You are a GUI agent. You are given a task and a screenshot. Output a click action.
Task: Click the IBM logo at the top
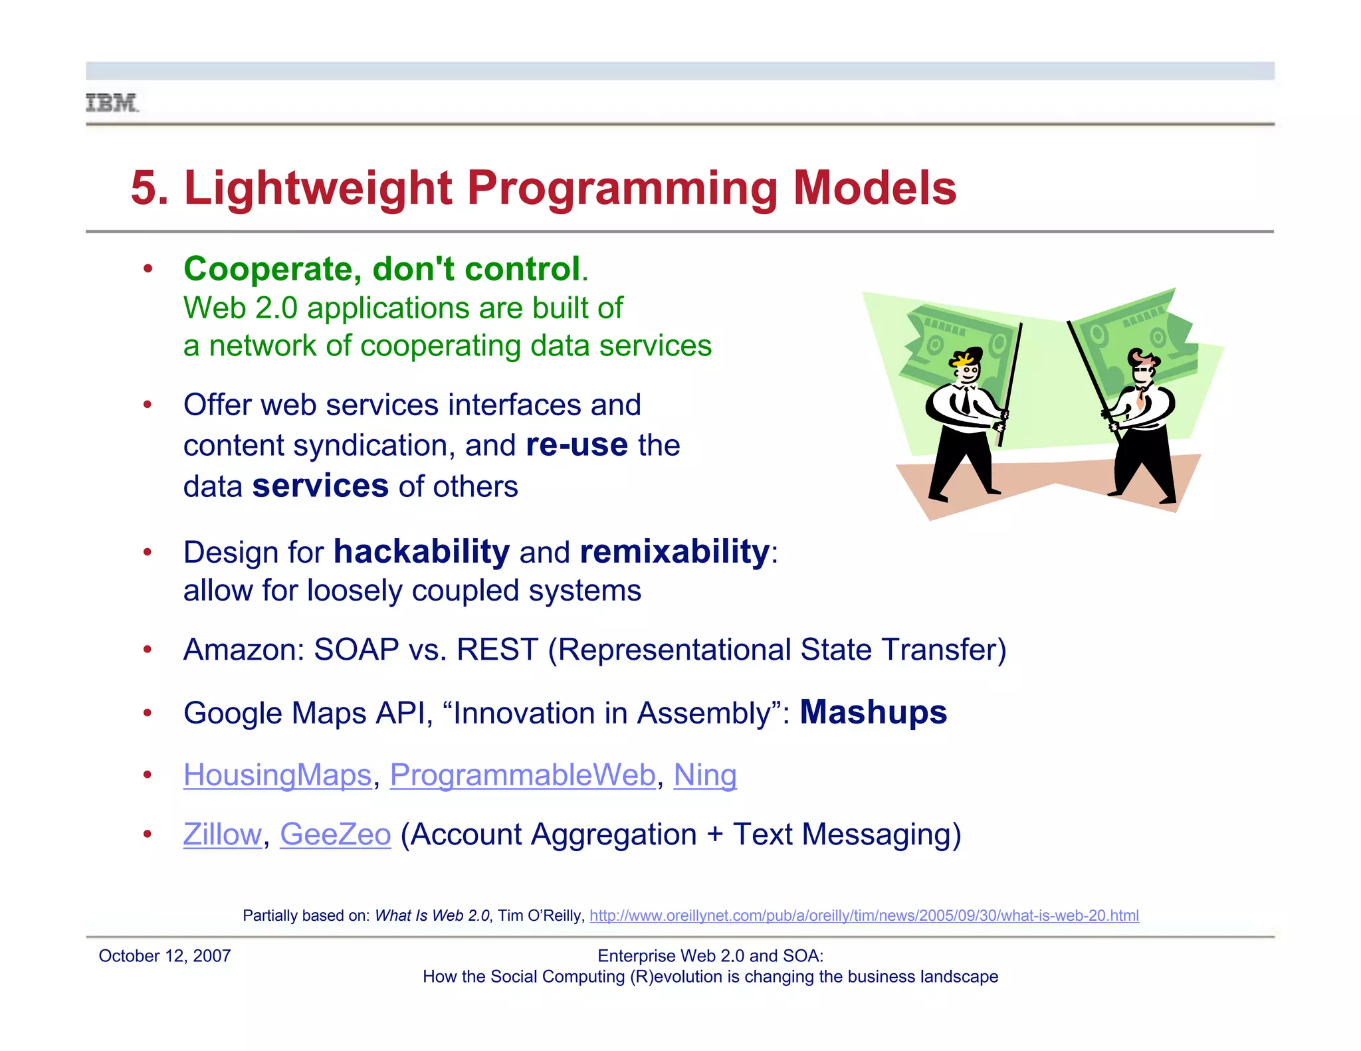pyautogui.click(x=112, y=103)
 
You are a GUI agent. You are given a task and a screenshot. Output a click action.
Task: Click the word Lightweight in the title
pyautogui.click(x=318, y=188)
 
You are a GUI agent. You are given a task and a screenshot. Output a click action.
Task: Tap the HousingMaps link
pyautogui.click(x=277, y=775)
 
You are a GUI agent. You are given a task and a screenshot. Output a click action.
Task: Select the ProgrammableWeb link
pyautogui.click(x=522, y=775)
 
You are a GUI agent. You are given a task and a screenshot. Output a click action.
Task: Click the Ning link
pyautogui.click(x=704, y=775)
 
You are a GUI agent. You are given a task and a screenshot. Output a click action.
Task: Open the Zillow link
pyautogui.click(x=222, y=834)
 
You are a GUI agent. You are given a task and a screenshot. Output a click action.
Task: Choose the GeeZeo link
pyautogui.click(x=335, y=834)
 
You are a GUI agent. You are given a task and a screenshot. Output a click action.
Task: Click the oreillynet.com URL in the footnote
pyautogui.click(x=863, y=915)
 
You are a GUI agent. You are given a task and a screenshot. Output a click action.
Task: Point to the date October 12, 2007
pyautogui.click(x=164, y=956)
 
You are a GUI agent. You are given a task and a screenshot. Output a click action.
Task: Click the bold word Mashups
pyautogui.click(x=873, y=712)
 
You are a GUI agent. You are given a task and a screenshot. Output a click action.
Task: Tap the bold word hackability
pyautogui.click(x=421, y=552)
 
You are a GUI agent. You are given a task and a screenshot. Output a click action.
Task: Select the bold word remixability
pyautogui.click(x=674, y=552)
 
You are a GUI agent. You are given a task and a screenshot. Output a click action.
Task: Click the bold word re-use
pyautogui.click(x=576, y=445)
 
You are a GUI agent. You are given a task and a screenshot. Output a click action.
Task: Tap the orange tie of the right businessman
pyautogui.click(x=1141, y=399)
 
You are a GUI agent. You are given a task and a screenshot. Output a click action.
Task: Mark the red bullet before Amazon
pyautogui.click(x=148, y=649)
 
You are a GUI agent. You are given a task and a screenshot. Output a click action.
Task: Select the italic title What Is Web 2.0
pyautogui.click(x=432, y=915)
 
